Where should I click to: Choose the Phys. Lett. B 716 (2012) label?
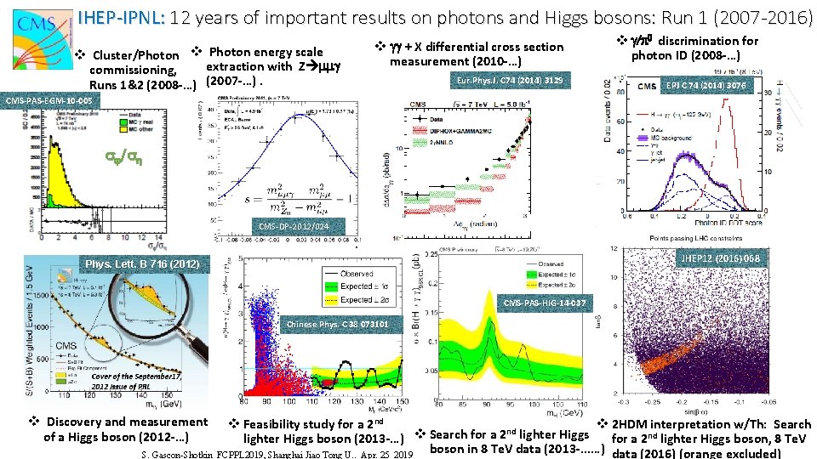pos(141,264)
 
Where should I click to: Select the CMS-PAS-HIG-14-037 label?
pos(544,303)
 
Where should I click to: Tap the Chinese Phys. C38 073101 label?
pos(338,324)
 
